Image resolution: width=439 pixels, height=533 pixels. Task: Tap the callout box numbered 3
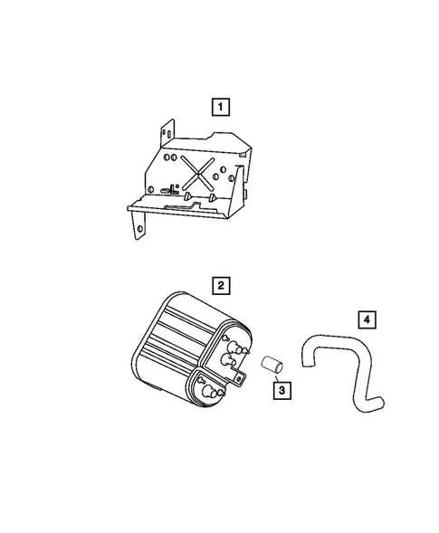(x=282, y=392)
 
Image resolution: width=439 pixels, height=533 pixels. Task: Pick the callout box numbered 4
(x=365, y=319)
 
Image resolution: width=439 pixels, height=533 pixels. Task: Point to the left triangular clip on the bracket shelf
(x=185, y=195)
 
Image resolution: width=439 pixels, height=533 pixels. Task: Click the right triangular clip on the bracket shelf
(x=211, y=196)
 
